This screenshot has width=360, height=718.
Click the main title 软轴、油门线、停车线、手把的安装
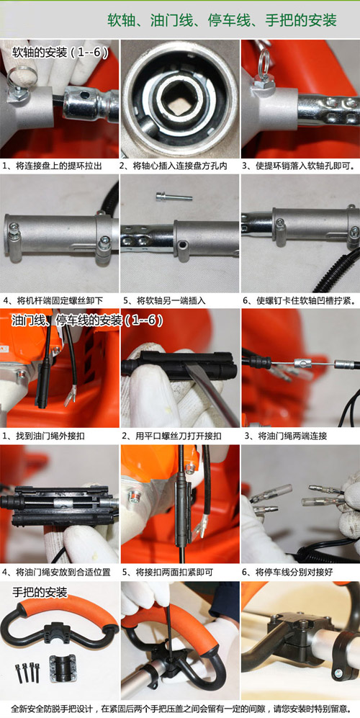coord(222,20)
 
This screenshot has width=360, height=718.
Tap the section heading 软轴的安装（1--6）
coord(60,53)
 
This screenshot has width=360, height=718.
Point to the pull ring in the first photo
coord(22,73)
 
